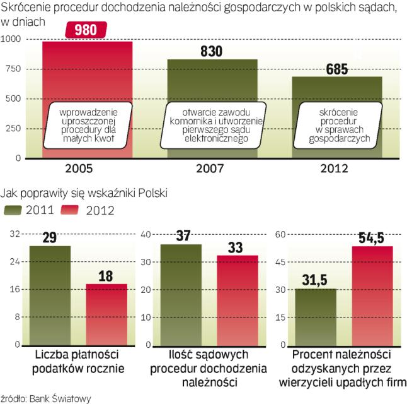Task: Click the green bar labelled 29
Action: (50, 295)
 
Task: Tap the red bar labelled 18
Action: (106, 314)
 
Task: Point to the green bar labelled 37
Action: (180, 294)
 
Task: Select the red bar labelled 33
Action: (237, 300)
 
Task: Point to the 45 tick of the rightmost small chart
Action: (281, 261)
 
